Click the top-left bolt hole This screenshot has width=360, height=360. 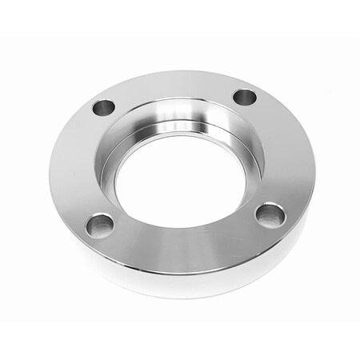coord(103,106)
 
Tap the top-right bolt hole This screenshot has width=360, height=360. coord(244,98)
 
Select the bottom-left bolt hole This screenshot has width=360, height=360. coord(100,225)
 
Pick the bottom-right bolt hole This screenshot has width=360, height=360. coord(270,214)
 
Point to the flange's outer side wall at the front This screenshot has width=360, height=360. coord(184,280)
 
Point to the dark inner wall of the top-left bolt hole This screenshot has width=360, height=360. coord(102,103)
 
